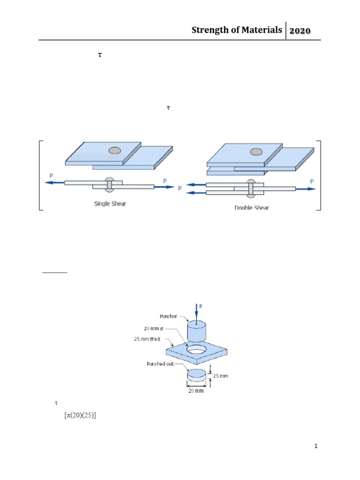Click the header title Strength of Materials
click(237, 30)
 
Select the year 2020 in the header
click(303, 31)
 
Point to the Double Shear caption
click(251, 207)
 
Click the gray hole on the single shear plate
click(115, 150)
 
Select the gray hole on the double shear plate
click(256, 151)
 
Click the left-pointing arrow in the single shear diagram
click(55, 182)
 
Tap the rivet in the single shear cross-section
click(109, 185)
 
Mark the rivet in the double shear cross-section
click(251, 188)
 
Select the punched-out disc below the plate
click(196, 375)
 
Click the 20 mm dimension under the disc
click(196, 390)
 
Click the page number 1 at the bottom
click(316, 447)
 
